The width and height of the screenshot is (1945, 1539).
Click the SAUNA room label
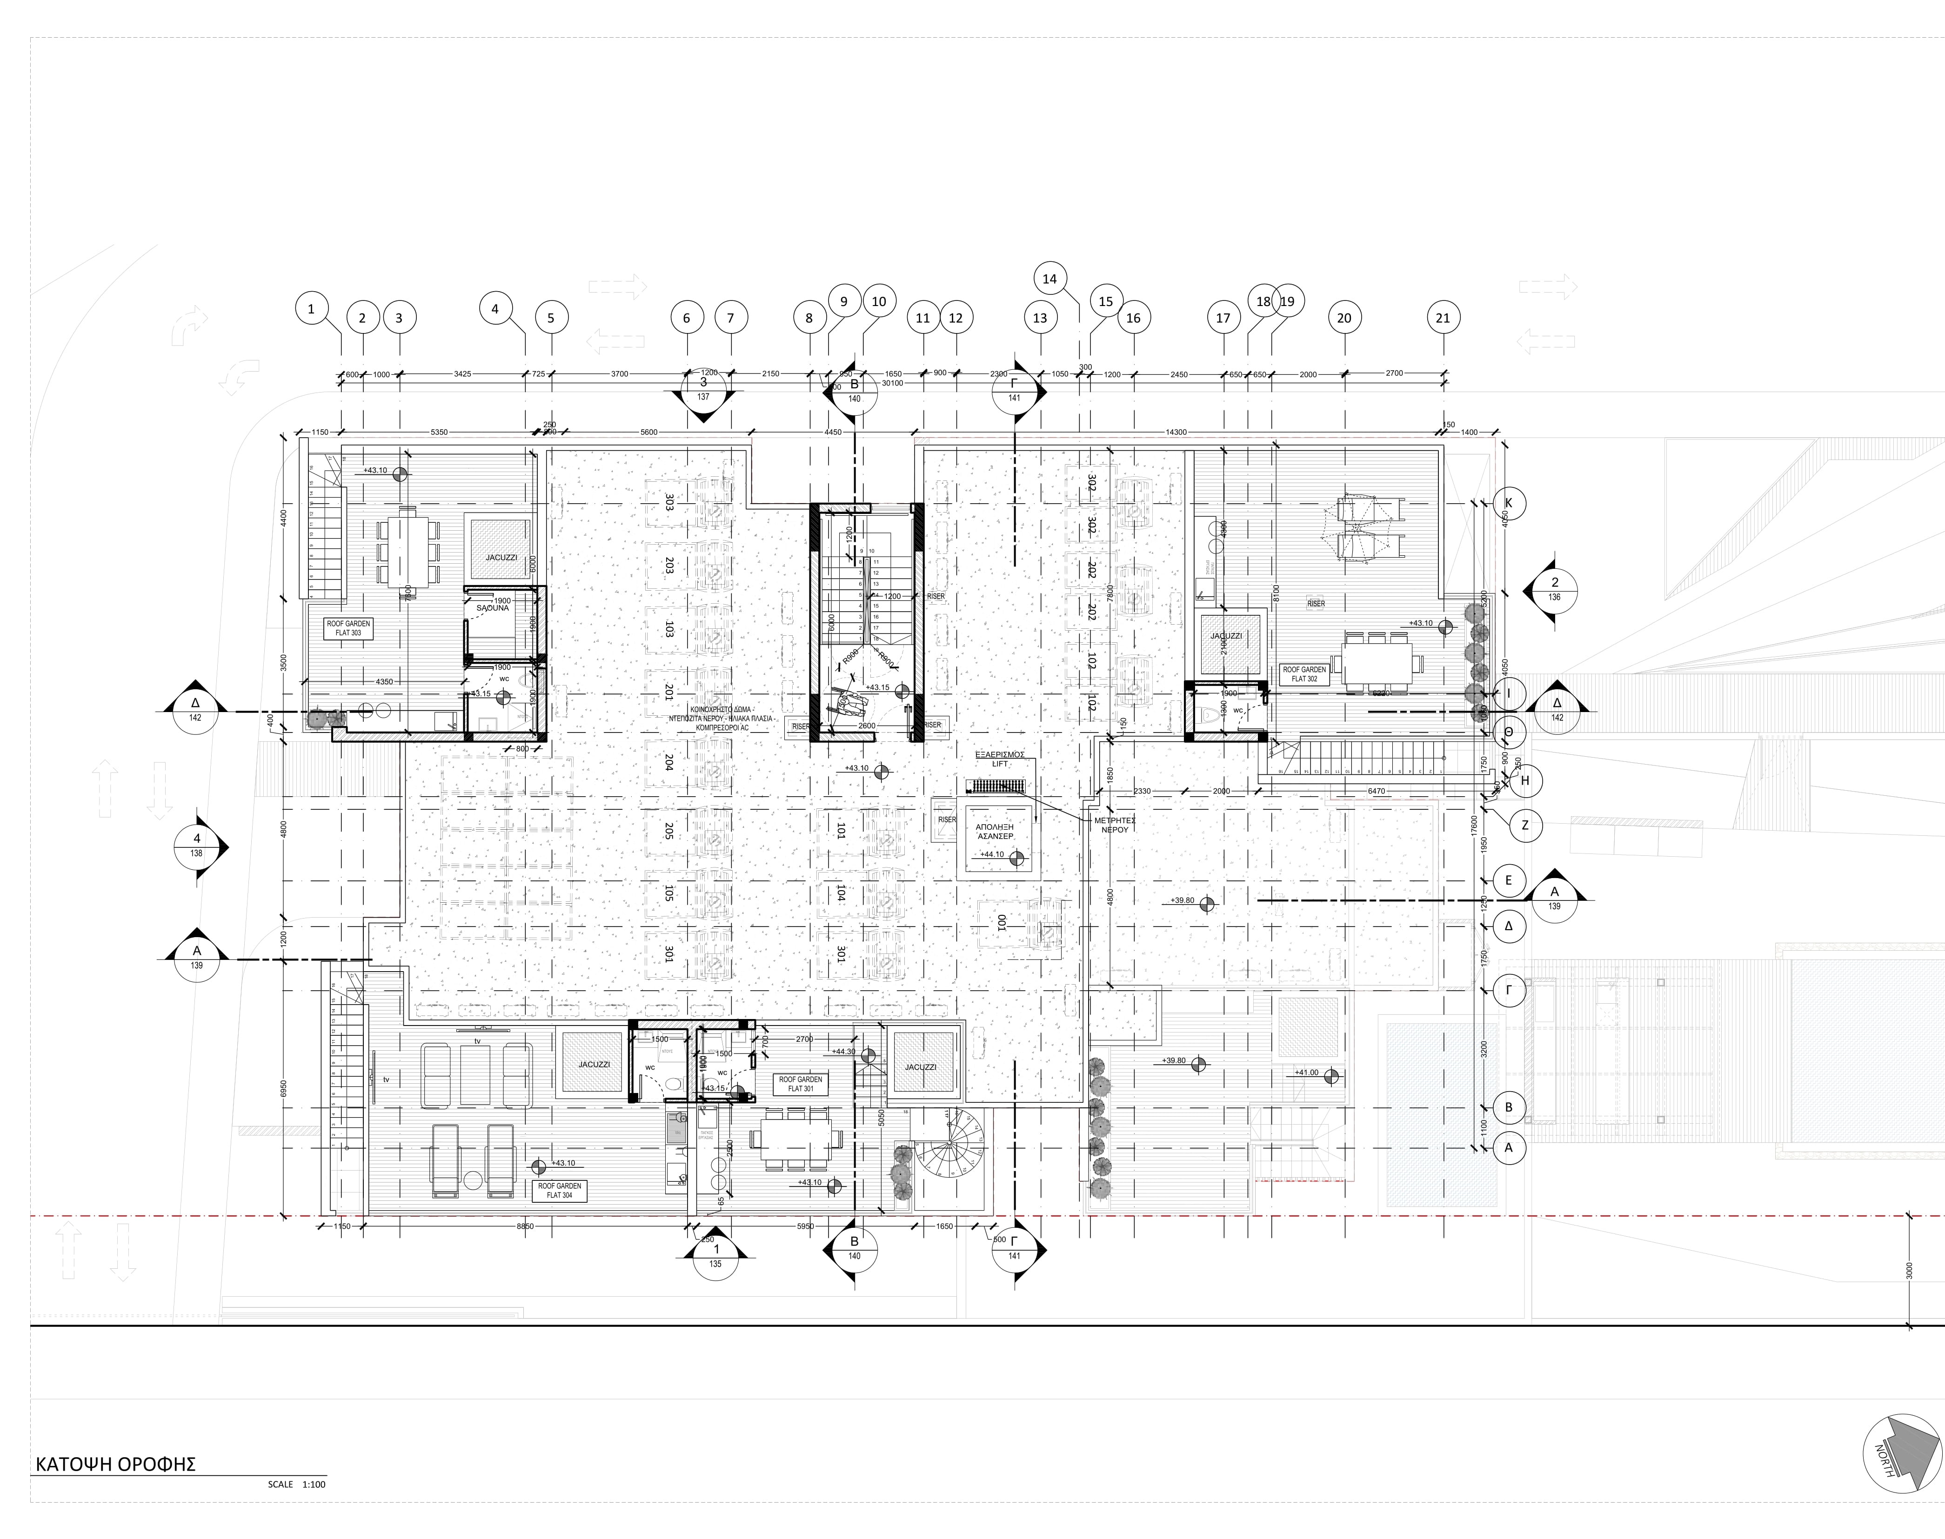click(492, 608)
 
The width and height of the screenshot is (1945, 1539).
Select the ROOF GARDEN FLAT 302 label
click(1304, 673)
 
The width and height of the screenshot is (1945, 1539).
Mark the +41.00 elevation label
click(1306, 1072)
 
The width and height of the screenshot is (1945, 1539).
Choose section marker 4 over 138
click(196, 847)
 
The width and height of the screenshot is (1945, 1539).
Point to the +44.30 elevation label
click(843, 1052)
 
